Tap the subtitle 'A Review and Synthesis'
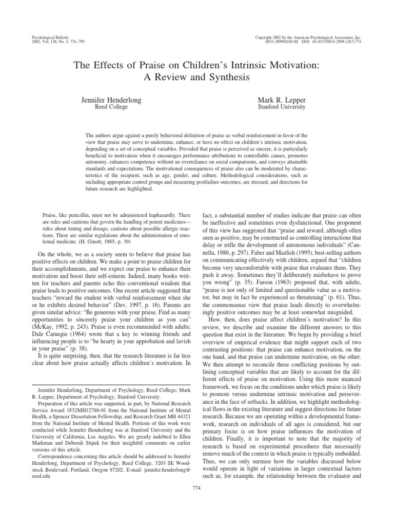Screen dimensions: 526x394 (197, 78)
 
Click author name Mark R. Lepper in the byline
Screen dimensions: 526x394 (283, 100)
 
